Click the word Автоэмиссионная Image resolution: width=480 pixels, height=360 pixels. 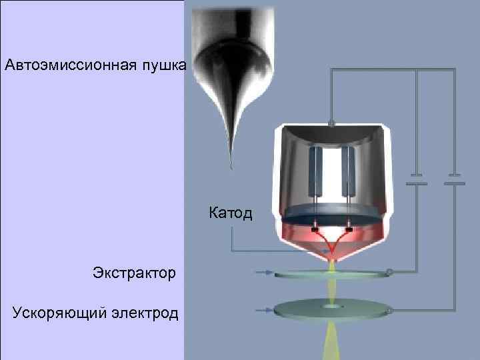(70, 65)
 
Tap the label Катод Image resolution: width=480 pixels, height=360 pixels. (231, 213)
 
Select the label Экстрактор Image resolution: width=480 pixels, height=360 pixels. (135, 272)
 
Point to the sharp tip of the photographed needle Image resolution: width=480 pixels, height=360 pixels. (231, 167)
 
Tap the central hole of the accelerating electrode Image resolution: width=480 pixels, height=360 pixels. (331, 308)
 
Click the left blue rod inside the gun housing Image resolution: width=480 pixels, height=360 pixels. (315, 170)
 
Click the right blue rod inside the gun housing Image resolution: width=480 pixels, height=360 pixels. (347, 170)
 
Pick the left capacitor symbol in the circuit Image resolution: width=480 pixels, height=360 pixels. (417, 181)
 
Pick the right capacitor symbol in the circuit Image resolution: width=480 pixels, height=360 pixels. (454, 181)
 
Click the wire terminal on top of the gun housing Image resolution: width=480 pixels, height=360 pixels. (331, 123)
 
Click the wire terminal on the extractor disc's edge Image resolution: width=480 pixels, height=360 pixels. (390, 272)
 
